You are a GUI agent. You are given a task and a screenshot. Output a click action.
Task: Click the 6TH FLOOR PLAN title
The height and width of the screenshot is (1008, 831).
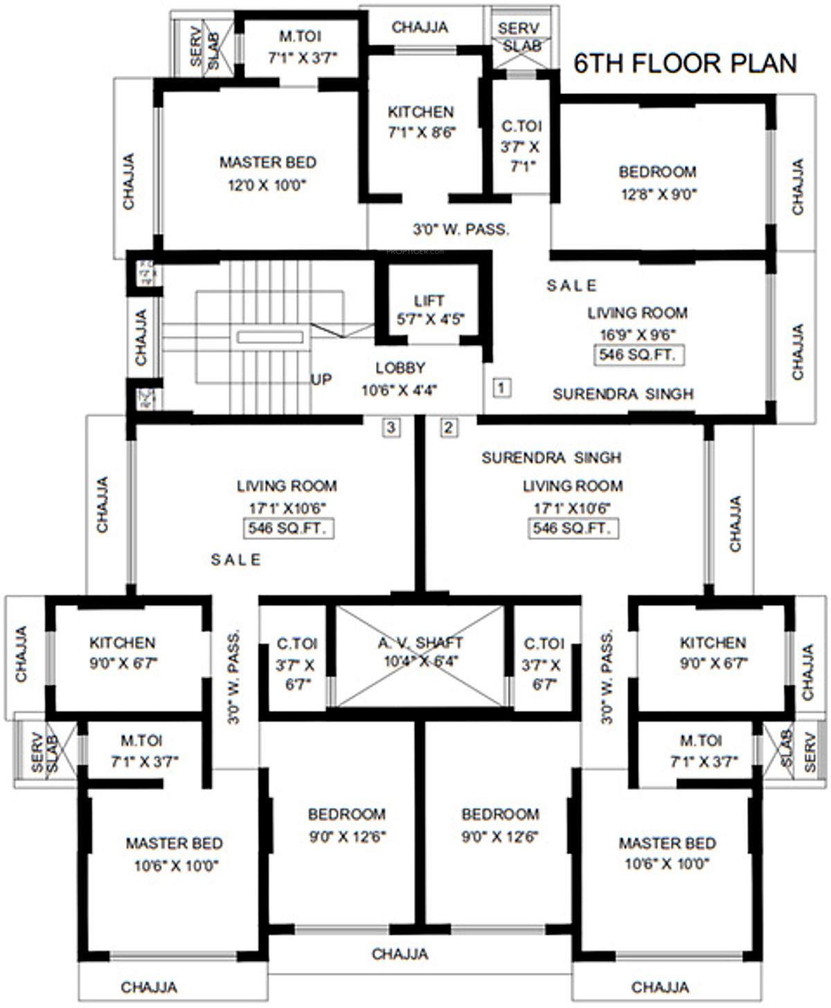pos(685,63)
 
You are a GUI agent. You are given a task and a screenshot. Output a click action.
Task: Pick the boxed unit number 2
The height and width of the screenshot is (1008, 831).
pos(449,427)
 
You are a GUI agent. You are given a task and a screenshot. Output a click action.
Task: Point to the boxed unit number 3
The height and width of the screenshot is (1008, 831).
pos(391,427)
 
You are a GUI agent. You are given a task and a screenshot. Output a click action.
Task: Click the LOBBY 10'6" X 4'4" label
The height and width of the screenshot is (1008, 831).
pos(400,379)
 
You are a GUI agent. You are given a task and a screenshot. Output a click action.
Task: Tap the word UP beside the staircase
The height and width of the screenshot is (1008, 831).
pos(321,379)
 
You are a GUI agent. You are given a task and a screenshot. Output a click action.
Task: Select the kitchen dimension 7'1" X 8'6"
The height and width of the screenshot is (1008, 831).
pos(421,132)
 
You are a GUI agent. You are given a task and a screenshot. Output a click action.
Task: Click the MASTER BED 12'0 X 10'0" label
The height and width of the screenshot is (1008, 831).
pos(267,173)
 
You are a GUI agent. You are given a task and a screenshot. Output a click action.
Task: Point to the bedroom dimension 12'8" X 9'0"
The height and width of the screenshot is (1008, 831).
pos(658,195)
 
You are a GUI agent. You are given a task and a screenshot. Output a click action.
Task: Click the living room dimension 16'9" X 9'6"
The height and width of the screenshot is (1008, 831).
pos(638,333)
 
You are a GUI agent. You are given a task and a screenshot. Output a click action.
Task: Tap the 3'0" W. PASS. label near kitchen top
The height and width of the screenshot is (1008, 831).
pos(461,229)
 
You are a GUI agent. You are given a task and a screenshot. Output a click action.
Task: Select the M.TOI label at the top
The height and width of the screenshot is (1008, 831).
pos(300,36)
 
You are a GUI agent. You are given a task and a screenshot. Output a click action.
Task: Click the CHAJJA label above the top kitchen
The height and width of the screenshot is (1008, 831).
pos(420,27)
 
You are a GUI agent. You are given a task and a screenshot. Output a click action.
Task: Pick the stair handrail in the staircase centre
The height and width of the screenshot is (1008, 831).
pos(270,337)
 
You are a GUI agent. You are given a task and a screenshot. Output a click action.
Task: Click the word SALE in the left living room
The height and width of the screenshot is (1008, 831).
pos(236,559)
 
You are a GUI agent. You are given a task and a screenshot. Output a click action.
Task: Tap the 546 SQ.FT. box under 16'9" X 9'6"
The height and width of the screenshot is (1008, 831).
pos(639,355)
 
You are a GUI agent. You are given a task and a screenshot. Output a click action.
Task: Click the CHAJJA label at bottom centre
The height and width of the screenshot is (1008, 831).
pos(400,954)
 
